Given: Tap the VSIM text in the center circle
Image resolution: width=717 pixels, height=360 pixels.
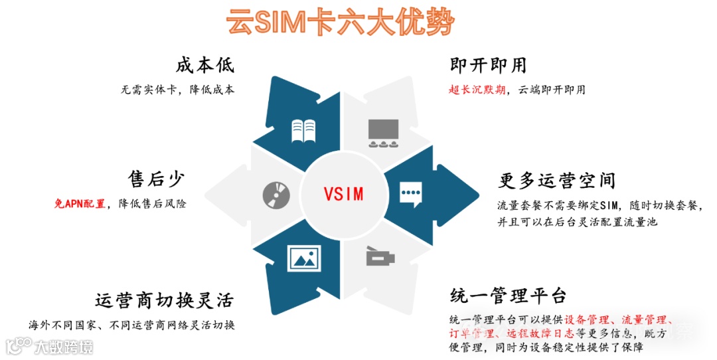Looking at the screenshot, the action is click(x=343, y=194).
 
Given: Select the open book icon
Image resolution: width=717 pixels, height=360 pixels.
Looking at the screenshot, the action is click(x=305, y=131).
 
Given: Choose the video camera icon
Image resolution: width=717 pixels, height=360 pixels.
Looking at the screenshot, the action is click(x=381, y=256).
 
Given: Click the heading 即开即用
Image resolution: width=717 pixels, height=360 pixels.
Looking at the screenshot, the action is click(x=488, y=65).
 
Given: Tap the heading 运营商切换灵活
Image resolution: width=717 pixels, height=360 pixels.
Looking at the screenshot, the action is click(x=164, y=300).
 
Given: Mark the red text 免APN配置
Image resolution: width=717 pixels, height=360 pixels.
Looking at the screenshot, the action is click(x=80, y=204).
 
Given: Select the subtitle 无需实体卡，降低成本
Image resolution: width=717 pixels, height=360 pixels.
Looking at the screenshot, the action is click(x=178, y=90).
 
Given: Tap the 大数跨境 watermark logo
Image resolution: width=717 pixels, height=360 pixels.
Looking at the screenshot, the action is click(x=50, y=347).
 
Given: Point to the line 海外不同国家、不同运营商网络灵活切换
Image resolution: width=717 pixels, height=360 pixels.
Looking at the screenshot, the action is click(x=132, y=325).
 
